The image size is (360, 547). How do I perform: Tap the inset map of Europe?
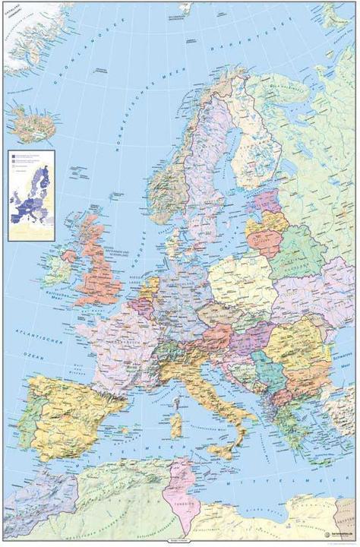(32, 195)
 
